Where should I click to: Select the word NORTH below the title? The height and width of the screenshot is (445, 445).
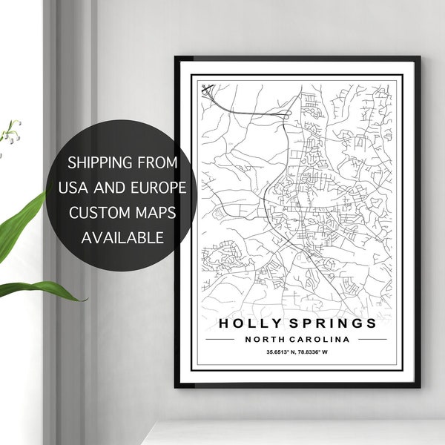click(263, 339)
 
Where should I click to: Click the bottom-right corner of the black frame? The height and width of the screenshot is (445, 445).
click(419, 386)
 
